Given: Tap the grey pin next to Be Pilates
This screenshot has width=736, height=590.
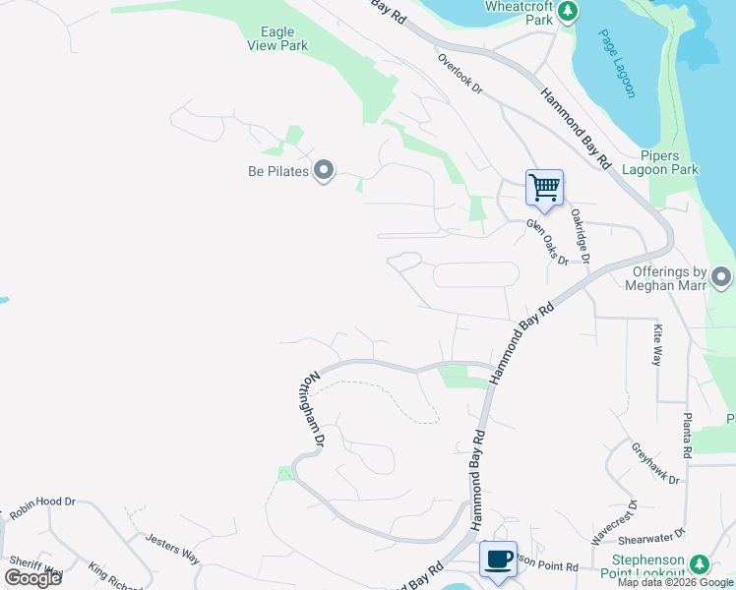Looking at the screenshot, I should tap(324, 172).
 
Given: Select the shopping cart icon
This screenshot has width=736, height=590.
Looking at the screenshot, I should tap(544, 187).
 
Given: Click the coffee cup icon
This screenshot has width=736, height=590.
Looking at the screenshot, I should tap(498, 559).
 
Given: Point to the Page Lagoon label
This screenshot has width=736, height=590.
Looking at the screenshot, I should tap(616, 64).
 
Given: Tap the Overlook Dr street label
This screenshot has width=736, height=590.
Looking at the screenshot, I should tap(460, 73).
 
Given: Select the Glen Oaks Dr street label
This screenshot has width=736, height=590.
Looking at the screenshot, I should tap(547, 242).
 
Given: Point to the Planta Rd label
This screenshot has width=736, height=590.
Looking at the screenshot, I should tap(688, 434).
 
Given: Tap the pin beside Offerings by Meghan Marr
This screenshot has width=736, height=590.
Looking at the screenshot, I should tap(721, 277).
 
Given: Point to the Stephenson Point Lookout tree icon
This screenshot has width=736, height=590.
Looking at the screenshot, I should tap(699, 564).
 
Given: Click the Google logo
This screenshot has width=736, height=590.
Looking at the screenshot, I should tap(33, 578).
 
